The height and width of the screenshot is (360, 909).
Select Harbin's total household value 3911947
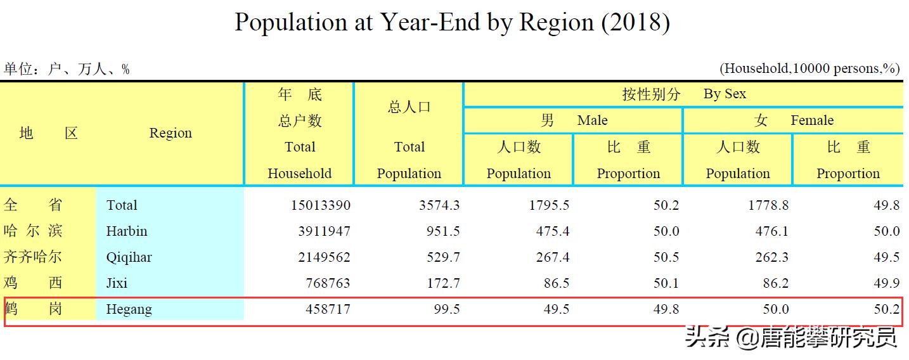pos(324,231)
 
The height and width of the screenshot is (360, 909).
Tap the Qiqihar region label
pos(129,257)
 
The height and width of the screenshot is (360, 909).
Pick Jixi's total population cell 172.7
pos(443,283)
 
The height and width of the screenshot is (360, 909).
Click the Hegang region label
pos(129,309)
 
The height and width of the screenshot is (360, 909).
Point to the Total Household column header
pos(299,160)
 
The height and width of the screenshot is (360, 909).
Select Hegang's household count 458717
pos(324,309)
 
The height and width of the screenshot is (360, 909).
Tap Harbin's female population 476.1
pos(771,231)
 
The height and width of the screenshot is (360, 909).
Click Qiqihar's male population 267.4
pos(552,257)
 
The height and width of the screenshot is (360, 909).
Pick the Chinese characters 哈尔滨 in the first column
pos(33,231)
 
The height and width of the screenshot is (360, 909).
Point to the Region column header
pos(171,133)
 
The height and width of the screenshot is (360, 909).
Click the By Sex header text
pos(725,94)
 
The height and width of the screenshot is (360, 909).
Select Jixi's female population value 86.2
pos(776,283)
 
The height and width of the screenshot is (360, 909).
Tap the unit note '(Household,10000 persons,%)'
pos(809,68)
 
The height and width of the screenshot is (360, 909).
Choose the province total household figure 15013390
pos(320,205)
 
